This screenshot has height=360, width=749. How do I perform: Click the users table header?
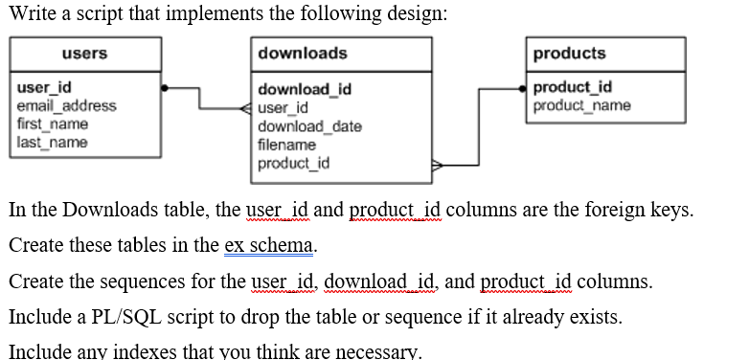[84, 54]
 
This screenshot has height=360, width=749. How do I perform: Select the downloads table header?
[303, 54]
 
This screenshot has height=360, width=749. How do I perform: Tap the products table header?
[569, 54]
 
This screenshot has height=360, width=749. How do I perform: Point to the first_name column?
[53, 124]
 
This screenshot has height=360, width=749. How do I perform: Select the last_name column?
[53, 142]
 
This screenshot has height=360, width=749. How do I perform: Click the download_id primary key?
[305, 90]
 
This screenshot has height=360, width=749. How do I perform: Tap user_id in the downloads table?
[284, 108]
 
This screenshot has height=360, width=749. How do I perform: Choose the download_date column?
[309, 126]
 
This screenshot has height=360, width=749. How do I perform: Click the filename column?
[286, 145]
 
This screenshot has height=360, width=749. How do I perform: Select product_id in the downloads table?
[294, 163]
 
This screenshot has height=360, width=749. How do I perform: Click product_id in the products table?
[573, 87]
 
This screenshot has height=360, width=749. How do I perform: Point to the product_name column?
[582, 104]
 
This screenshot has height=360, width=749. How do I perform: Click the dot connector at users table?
[165, 88]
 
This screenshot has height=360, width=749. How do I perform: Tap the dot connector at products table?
[522, 88]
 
